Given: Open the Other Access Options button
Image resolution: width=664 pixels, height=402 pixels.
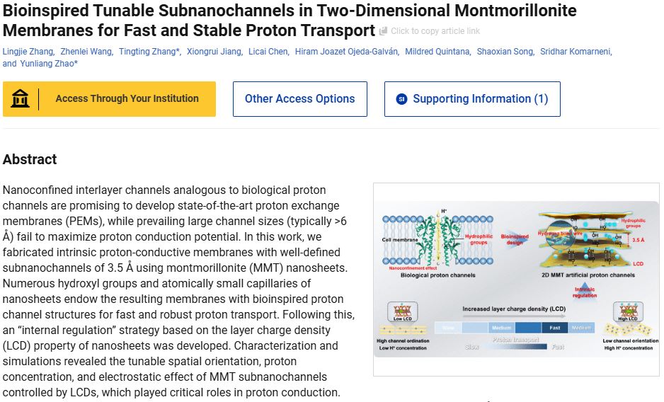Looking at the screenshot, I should pos(299,99).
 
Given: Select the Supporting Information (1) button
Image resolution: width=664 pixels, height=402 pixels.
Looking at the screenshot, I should pos(471,99).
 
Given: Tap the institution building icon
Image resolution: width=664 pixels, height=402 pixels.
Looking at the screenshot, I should pos(21,99).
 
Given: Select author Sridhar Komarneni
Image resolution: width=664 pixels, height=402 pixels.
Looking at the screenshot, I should pos(576,52).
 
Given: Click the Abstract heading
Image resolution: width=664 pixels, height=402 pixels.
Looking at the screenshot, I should pos(30,159).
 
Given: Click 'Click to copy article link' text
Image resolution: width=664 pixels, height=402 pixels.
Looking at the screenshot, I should pos(435,31).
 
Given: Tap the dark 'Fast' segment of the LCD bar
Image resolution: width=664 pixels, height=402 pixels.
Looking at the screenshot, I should pos(554,328).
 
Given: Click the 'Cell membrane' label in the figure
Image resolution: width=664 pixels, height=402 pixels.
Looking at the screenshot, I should pos(399,250).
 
